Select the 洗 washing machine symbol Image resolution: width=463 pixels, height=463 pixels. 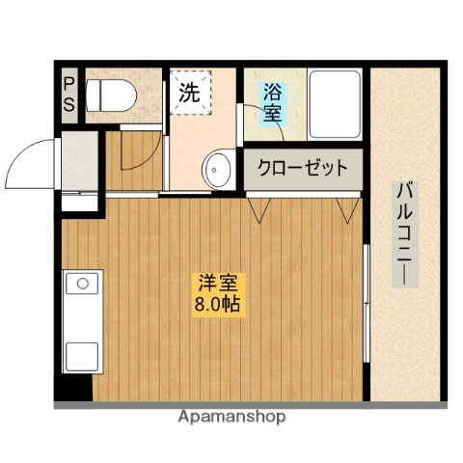coord(189,95)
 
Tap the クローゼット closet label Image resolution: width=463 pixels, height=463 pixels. coord(301,168)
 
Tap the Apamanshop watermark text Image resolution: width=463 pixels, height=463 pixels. coord(232,419)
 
